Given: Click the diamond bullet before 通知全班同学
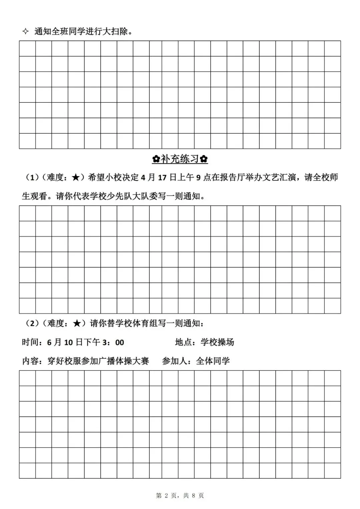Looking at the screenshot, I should [25, 32].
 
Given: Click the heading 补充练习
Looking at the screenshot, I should [180, 159].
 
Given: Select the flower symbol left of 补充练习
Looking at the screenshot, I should [156, 159].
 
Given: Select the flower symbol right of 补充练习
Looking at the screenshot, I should [204, 159].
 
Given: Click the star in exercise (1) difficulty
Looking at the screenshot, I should [76, 177].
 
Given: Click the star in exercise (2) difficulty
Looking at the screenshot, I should [76, 323].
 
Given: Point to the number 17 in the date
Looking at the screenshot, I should [162, 177].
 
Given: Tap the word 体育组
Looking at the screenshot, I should [145, 323].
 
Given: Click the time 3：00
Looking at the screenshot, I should [113, 342].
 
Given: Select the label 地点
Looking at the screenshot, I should [183, 342].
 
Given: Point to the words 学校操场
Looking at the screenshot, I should [217, 342].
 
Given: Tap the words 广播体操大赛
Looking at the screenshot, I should [124, 361].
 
